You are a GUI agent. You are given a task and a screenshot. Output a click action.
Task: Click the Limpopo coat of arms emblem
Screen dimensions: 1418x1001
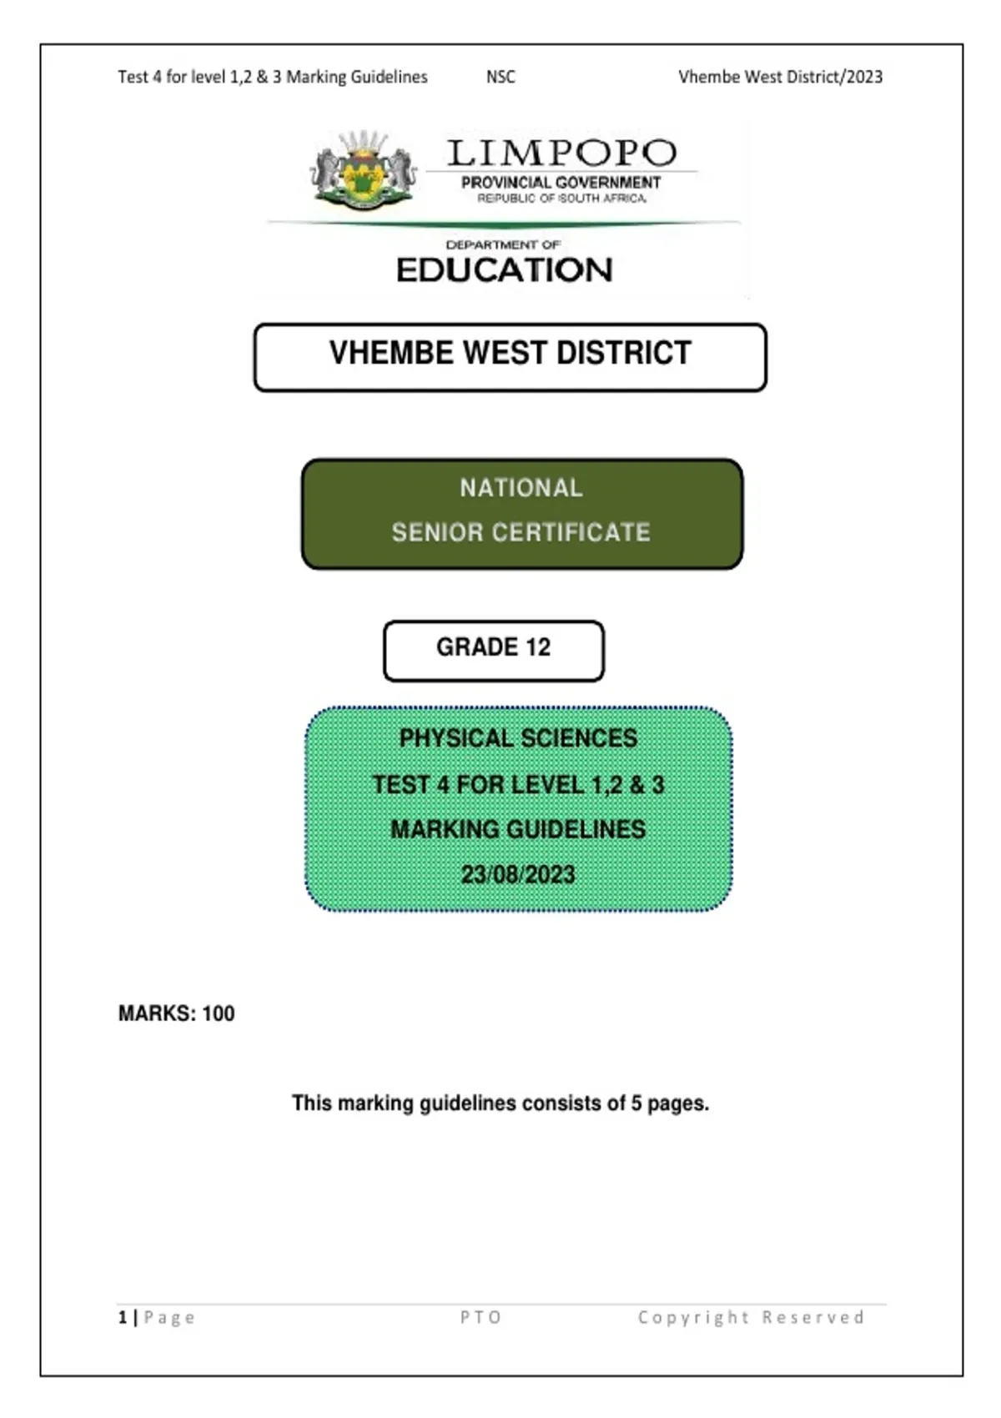pos(363,171)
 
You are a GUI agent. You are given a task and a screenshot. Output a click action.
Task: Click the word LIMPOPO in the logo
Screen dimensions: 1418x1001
pos(561,153)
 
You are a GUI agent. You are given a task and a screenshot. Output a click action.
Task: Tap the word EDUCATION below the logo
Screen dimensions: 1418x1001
pos(505,270)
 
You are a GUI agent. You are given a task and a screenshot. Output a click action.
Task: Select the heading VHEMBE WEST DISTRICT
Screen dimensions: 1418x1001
pos(510,354)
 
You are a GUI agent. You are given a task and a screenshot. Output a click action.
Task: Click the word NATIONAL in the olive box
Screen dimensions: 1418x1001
pos(521,488)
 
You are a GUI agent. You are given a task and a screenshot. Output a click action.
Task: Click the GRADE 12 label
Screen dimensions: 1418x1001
pos(493,648)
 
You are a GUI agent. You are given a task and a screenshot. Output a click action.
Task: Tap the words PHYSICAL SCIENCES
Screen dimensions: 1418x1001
pos(518,738)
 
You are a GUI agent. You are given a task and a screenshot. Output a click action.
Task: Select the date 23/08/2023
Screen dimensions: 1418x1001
pos(518,874)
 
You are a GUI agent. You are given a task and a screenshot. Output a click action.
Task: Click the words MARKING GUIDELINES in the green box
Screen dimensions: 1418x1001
pos(518,829)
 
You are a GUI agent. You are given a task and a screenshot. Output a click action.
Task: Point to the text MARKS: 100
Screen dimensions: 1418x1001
pos(176,1013)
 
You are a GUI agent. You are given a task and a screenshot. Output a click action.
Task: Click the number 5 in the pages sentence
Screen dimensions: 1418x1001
pos(636,1104)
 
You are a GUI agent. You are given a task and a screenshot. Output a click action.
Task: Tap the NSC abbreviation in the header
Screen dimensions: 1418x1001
pos(500,77)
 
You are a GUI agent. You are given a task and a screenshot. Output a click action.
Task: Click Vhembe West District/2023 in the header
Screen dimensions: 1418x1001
pos(780,77)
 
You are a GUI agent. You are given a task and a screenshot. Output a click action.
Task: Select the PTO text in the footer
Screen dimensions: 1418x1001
pos(481,1318)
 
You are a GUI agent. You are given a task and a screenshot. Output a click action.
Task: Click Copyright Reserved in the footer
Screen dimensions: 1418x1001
pos(751,1318)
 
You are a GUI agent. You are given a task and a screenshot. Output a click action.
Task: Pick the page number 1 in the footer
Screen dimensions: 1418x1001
pos(123,1318)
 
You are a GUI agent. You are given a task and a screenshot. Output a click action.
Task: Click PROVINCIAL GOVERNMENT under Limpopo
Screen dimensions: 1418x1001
pos(561,183)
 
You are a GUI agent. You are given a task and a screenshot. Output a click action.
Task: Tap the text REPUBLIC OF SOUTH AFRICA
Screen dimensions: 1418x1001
pos(561,199)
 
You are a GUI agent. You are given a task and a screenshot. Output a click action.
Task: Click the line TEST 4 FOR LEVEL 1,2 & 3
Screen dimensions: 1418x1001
pos(518,785)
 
